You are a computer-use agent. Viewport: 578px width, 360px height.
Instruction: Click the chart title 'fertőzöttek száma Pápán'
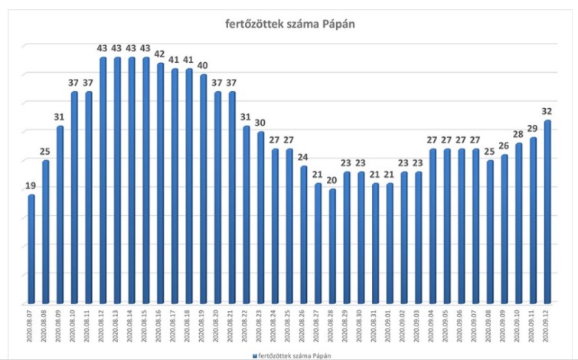(x=289, y=25)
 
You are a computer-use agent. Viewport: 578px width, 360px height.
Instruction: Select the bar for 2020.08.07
(x=31, y=249)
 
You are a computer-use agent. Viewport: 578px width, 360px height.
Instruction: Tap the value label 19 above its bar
(x=31, y=185)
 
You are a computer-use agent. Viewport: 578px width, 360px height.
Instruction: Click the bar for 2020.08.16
(x=160, y=184)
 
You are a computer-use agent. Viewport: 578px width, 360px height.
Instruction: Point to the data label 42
(x=160, y=54)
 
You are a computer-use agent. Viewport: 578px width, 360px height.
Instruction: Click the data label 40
(x=203, y=65)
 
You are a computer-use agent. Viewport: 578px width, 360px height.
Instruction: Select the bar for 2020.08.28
(x=331, y=246)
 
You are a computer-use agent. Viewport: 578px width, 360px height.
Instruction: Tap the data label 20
(x=331, y=179)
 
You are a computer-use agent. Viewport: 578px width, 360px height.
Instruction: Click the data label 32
(x=548, y=111)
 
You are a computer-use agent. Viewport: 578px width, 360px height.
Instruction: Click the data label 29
(x=534, y=128)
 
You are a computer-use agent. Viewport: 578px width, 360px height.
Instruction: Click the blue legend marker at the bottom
(x=255, y=355)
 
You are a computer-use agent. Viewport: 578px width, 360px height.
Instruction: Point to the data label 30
(x=260, y=123)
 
